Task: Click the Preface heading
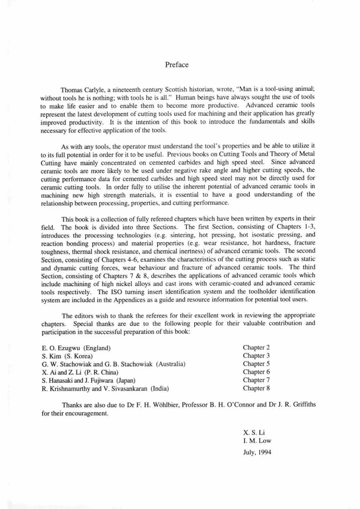(176, 65)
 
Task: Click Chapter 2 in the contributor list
(256, 348)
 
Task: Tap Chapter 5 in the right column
(256, 364)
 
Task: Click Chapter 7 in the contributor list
(256, 380)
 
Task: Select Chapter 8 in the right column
(256, 388)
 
